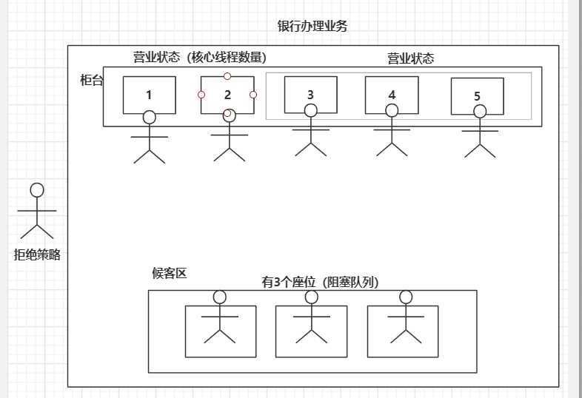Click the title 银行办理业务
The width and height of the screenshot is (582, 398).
(x=312, y=27)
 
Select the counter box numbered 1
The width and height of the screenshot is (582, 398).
(x=149, y=95)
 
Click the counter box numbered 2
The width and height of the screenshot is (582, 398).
(x=227, y=95)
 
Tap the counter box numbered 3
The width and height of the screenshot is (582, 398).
(x=310, y=94)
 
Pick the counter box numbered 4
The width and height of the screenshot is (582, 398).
(x=392, y=94)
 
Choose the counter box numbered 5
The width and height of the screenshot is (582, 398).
(x=477, y=96)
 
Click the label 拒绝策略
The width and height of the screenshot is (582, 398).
(x=37, y=254)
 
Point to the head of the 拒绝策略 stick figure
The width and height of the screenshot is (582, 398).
(x=37, y=190)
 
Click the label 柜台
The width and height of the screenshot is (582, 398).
(x=91, y=80)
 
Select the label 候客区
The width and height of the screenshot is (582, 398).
(x=169, y=273)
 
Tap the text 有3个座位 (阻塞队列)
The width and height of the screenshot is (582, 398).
(x=320, y=282)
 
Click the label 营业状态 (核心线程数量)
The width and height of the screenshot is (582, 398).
(x=199, y=58)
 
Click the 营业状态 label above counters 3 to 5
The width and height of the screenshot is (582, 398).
(x=411, y=58)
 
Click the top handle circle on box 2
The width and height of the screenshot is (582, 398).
(x=227, y=76)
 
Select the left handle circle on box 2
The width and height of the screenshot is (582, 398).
(x=201, y=95)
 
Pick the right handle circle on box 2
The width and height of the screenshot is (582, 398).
(x=253, y=95)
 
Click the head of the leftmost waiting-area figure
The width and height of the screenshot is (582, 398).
(x=219, y=297)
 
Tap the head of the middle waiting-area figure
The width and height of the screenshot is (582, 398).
(x=311, y=297)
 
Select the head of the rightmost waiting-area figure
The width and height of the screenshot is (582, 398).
(x=405, y=297)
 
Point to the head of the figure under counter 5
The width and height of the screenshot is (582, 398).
(x=480, y=112)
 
